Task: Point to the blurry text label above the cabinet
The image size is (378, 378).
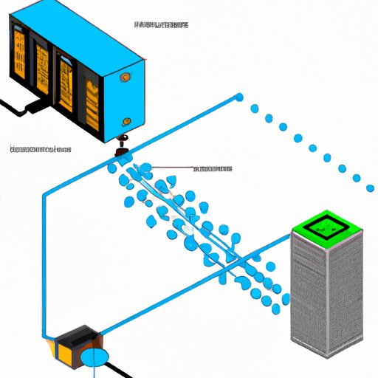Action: [161, 25]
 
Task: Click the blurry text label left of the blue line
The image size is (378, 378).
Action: [40, 149]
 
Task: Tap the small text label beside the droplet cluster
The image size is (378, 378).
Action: [212, 169]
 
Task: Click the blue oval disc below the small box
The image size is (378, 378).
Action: [94, 357]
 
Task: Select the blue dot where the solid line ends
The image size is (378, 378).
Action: [238, 97]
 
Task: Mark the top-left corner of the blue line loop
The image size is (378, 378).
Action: [44, 193]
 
